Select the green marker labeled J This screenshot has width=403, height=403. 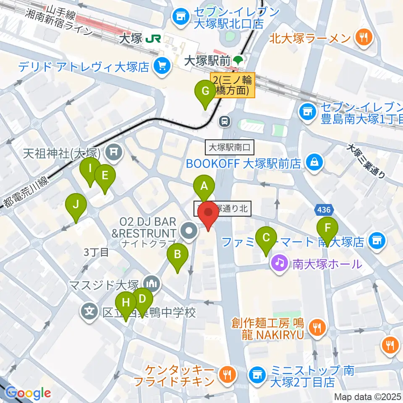[x=76, y=206]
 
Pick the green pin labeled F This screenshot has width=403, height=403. [x=327, y=229]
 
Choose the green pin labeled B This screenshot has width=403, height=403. [x=177, y=255]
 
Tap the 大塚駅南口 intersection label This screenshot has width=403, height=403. [x=230, y=147]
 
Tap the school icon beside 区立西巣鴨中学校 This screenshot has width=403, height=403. [x=89, y=312]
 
